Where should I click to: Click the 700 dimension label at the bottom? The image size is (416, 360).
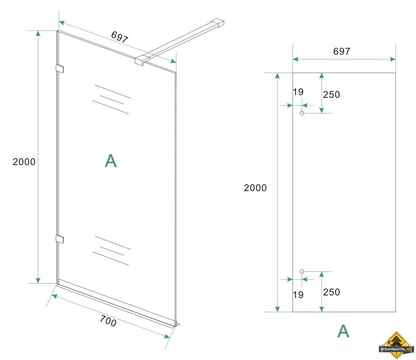(108, 322)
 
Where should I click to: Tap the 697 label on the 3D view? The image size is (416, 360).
(120, 37)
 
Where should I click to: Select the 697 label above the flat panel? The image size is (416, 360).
(341, 51)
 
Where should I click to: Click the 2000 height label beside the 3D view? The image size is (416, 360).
(24, 162)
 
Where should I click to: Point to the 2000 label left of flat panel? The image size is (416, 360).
(255, 188)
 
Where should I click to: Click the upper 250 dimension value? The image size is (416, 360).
(331, 94)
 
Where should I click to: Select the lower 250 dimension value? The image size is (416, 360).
(331, 292)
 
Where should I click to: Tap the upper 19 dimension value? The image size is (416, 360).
(298, 92)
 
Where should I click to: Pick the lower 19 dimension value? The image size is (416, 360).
(298, 295)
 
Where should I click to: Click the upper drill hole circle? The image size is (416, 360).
(302, 113)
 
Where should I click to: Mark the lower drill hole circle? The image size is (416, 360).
(302, 271)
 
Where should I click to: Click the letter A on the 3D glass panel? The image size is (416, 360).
(111, 161)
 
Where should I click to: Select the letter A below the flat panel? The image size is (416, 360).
(343, 331)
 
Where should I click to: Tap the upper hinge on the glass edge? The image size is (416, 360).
(60, 69)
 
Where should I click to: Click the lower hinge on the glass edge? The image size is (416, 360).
(60, 239)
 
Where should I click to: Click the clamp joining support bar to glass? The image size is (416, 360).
(141, 60)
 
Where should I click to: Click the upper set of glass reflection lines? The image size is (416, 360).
(112, 99)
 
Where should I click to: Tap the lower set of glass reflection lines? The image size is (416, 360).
(112, 251)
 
